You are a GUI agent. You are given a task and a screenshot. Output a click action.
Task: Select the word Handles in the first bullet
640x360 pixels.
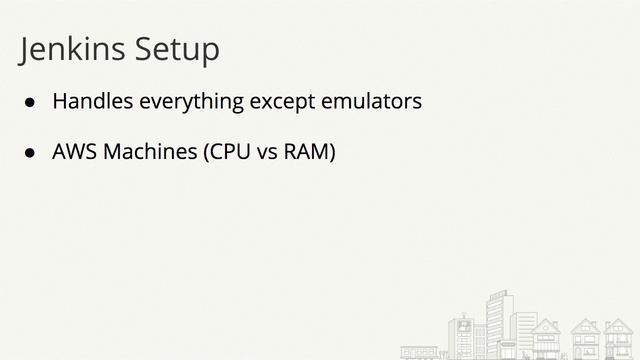[x=93, y=102]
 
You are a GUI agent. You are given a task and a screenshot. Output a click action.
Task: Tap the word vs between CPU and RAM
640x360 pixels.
[x=267, y=154]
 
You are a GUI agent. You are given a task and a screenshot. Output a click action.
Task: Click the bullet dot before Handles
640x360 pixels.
[x=31, y=103]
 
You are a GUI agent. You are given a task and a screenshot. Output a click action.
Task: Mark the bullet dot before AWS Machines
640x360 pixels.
[x=31, y=155]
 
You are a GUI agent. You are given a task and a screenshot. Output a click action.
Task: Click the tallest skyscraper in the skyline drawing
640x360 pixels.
[x=500, y=320]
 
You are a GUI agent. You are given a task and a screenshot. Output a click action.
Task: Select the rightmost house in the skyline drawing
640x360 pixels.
[x=618, y=340]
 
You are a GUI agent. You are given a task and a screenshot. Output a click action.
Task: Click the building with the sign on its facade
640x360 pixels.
[x=462, y=335]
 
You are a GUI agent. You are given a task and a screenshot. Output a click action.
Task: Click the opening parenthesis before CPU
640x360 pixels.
[x=207, y=154]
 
